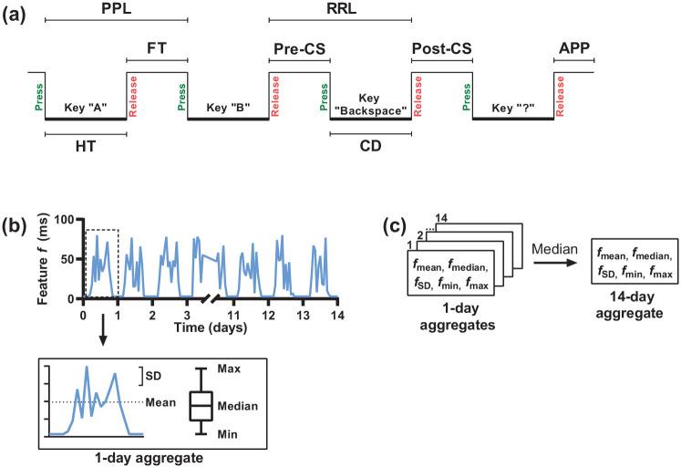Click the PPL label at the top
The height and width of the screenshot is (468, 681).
point(115,8)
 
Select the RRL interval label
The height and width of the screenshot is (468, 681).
point(340,8)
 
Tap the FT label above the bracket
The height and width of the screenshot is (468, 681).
point(157,47)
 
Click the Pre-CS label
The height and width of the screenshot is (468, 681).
point(299,47)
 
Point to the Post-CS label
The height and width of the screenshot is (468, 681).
point(441,47)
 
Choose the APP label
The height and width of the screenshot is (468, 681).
point(573,47)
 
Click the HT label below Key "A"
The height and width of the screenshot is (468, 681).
point(84,145)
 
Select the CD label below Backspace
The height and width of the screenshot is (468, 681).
point(370,145)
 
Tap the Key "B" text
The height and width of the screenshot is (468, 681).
point(228,107)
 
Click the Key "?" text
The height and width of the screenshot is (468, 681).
point(512,107)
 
